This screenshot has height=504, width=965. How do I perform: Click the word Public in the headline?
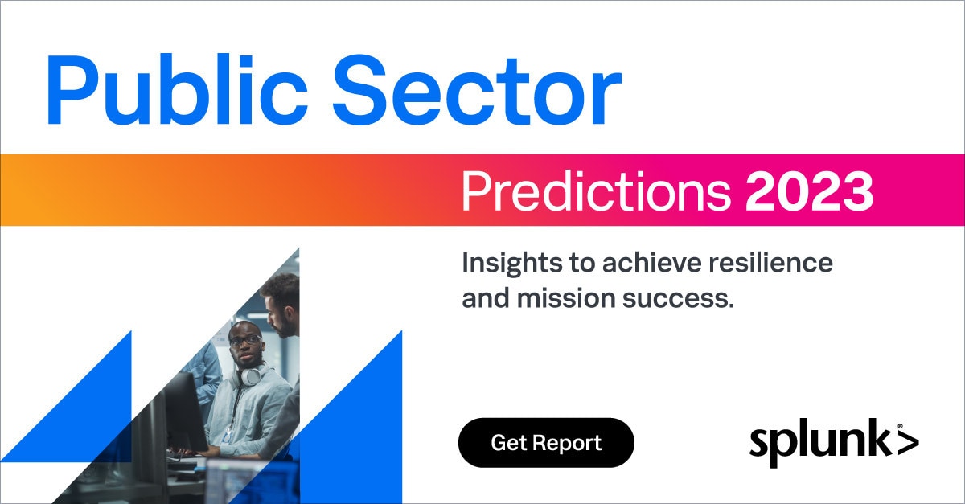tap(177, 89)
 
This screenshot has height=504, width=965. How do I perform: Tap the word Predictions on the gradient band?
tap(596, 191)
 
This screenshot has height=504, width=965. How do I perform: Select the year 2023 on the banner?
tap(810, 191)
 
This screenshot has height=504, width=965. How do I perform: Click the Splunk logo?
tap(834, 442)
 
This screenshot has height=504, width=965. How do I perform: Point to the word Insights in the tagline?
tap(511, 264)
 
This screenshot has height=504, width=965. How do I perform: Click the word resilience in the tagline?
tap(770, 262)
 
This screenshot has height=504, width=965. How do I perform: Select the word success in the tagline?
tap(678, 299)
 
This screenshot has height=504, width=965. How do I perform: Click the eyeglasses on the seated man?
tap(244, 341)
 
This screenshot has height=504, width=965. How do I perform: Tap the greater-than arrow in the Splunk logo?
tap(908, 442)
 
